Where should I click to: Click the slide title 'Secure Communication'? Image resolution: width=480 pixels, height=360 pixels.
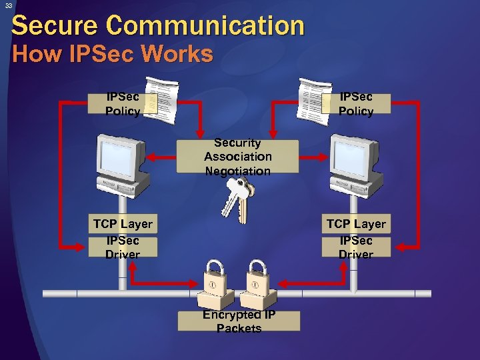point(158,26)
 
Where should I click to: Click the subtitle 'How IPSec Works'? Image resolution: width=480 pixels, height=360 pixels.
point(113,54)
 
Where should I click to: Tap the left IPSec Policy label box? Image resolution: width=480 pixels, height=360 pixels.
point(123,104)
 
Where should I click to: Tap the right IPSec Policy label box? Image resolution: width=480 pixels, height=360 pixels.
point(356,104)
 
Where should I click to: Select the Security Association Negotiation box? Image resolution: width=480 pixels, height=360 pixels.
point(238,157)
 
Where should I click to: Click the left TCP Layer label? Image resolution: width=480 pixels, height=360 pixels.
point(123,225)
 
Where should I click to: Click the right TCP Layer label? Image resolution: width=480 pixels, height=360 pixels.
point(356,225)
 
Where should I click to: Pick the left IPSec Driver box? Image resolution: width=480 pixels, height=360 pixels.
point(123,247)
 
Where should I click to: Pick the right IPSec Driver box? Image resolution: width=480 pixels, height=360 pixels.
point(356,247)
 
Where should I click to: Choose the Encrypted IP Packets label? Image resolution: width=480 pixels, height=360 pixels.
point(239,321)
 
